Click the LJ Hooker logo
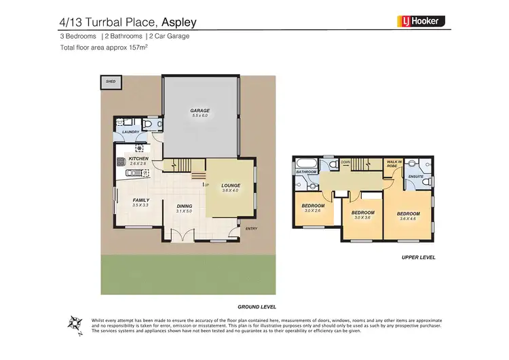click(x=421, y=21)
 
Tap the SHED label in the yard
click(x=110, y=82)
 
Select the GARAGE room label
click(x=200, y=110)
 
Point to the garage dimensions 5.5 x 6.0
click(x=200, y=116)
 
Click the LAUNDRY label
click(x=131, y=132)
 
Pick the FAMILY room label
click(x=140, y=200)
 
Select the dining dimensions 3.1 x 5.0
click(x=185, y=212)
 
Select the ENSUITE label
click(x=416, y=177)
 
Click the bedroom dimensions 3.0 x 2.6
click(x=313, y=211)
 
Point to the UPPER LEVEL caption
click(x=418, y=258)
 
